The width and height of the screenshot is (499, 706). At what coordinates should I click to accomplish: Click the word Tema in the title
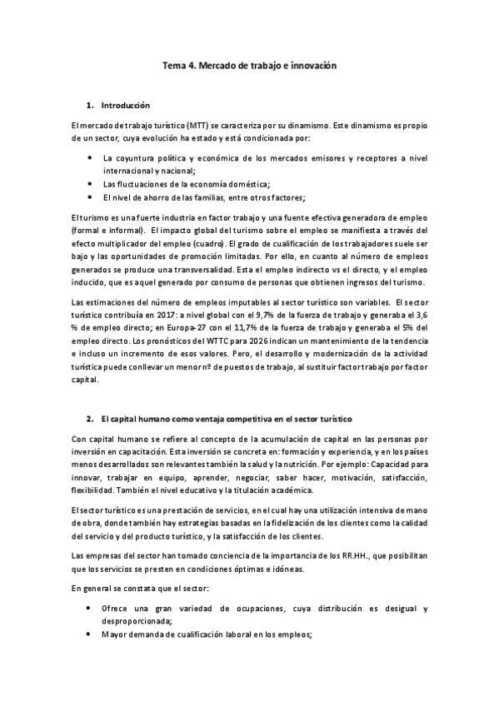(x=173, y=64)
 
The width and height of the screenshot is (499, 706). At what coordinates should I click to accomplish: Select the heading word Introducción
(x=125, y=106)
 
